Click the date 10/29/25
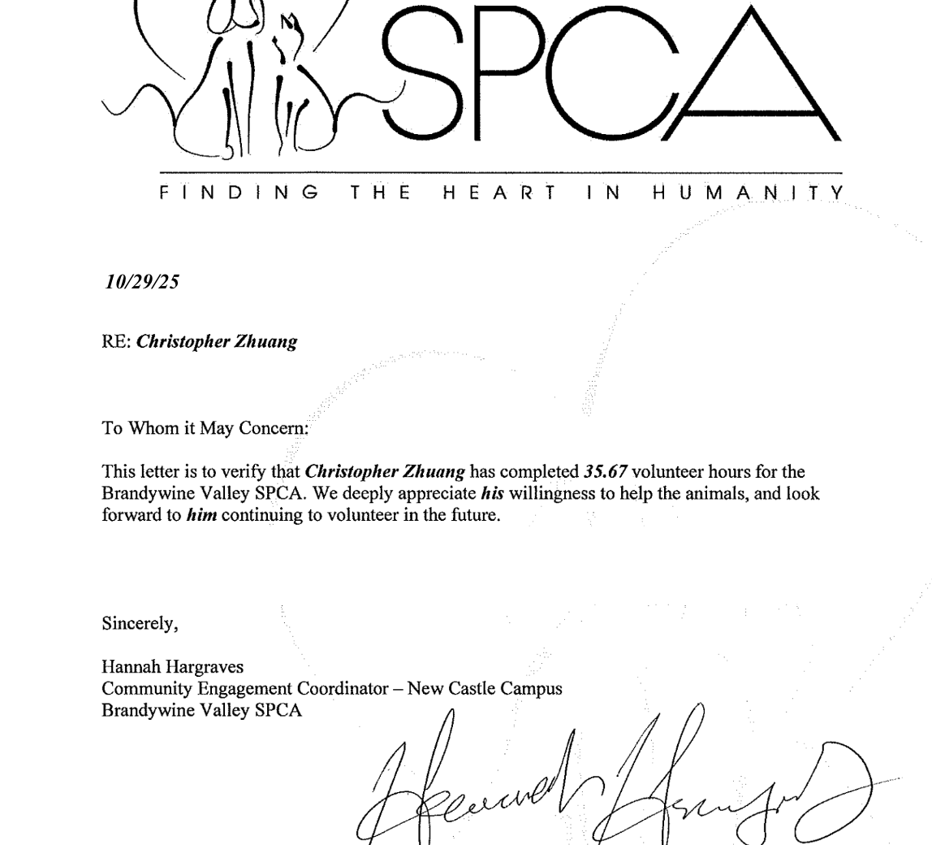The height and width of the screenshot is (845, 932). click(x=142, y=282)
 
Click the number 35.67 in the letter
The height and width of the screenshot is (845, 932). click(x=606, y=471)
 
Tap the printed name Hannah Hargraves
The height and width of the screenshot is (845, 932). click(x=172, y=667)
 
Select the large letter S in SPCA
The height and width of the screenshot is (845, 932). click(x=422, y=73)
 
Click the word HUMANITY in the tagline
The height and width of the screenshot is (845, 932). click(x=749, y=193)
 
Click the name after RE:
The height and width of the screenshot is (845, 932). click(x=217, y=341)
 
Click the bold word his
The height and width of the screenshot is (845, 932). click(x=492, y=493)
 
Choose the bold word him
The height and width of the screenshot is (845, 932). click(x=201, y=515)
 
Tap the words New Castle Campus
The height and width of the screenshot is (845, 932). click(x=485, y=688)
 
